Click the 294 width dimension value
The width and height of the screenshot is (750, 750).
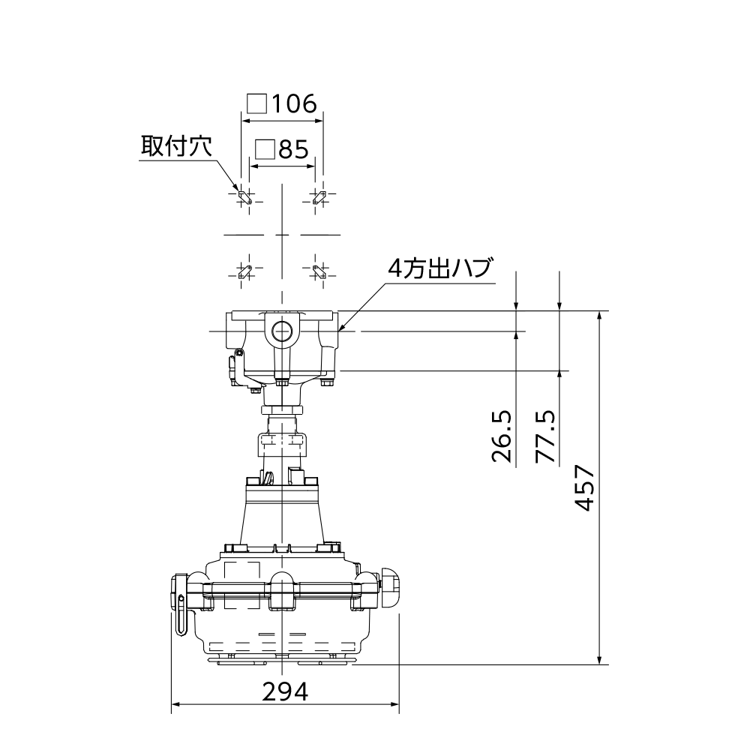pos(285,691)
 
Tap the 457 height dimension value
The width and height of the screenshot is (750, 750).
pos(584,487)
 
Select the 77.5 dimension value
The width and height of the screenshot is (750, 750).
pos(545,436)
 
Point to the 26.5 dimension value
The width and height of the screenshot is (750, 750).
pos(502,436)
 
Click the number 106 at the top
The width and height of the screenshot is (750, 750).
pos(294,103)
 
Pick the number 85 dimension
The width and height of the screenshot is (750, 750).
pos(294,150)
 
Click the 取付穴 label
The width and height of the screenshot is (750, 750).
pos(176,146)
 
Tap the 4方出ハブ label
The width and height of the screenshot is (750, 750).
pos(439,268)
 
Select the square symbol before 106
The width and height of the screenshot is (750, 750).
pos(256,103)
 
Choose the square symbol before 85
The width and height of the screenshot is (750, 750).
pos(265,150)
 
